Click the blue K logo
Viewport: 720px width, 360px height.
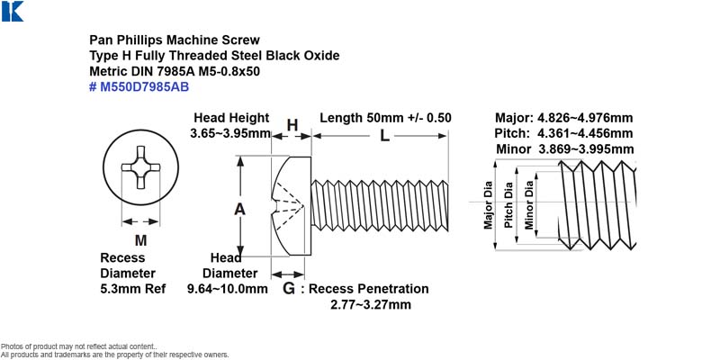click(x=13, y=12)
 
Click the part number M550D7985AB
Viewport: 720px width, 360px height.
click(x=144, y=86)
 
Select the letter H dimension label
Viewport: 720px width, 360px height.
click(x=292, y=125)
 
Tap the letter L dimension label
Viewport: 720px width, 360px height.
click(x=384, y=136)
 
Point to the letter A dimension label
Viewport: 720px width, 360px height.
click(x=239, y=210)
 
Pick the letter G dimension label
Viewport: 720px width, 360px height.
click(x=288, y=289)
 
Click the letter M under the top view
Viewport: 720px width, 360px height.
click(x=140, y=240)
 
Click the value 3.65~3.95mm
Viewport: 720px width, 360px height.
click(x=230, y=133)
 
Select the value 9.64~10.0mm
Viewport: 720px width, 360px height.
click(x=228, y=289)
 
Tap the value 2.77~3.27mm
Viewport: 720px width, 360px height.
click(x=371, y=305)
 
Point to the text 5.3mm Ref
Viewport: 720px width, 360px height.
click(x=133, y=289)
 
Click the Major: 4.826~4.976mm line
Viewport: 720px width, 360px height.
click(x=564, y=118)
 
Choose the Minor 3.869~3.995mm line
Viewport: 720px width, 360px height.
click(x=565, y=149)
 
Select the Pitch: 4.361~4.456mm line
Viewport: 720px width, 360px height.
click(x=564, y=133)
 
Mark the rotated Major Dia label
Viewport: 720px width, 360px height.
click(x=488, y=205)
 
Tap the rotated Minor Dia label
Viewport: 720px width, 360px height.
click(x=529, y=205)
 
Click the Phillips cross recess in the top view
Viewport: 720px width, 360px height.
click(x=140, y=167)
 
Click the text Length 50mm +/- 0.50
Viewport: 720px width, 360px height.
click(x=385, y=118)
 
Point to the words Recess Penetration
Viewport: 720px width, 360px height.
click(x=369, y=289)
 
